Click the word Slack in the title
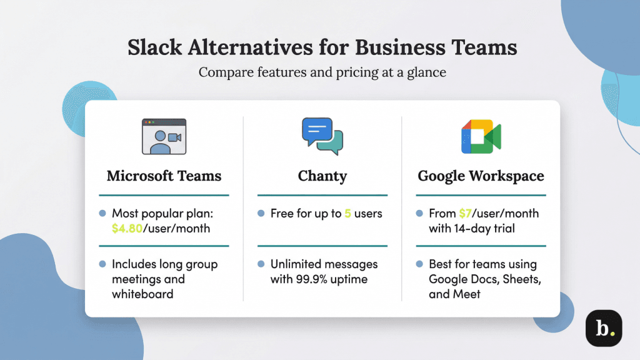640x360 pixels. [x=154, y=48]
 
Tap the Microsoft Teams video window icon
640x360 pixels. [x=164, y=137]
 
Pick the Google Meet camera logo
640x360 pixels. [x=481, y=137]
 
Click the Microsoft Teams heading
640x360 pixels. [x=164, y=176]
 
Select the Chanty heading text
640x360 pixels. [x=322, y=176]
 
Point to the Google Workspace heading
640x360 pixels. [x=481, y=176]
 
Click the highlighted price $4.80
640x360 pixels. [x=127, y=228]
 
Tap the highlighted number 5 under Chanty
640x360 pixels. [x=347, y=214]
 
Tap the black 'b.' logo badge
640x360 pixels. [x=603, y=328]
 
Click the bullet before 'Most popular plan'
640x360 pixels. [x=102, y=214]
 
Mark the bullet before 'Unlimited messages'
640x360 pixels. [x=261, y=264]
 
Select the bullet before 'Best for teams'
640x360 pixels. [x=420, y=264]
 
